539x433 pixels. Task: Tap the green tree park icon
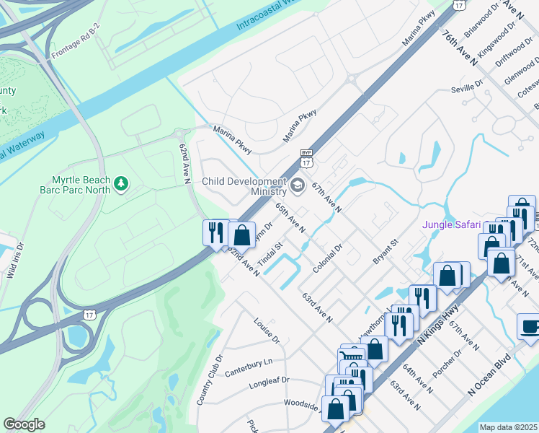(x=122, y=184)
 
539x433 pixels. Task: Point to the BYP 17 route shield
(x=306, y=157)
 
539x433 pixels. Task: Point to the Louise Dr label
(x=266, y=328)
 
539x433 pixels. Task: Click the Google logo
(x=24, y=424)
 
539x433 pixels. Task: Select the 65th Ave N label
(x=290, y=217)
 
